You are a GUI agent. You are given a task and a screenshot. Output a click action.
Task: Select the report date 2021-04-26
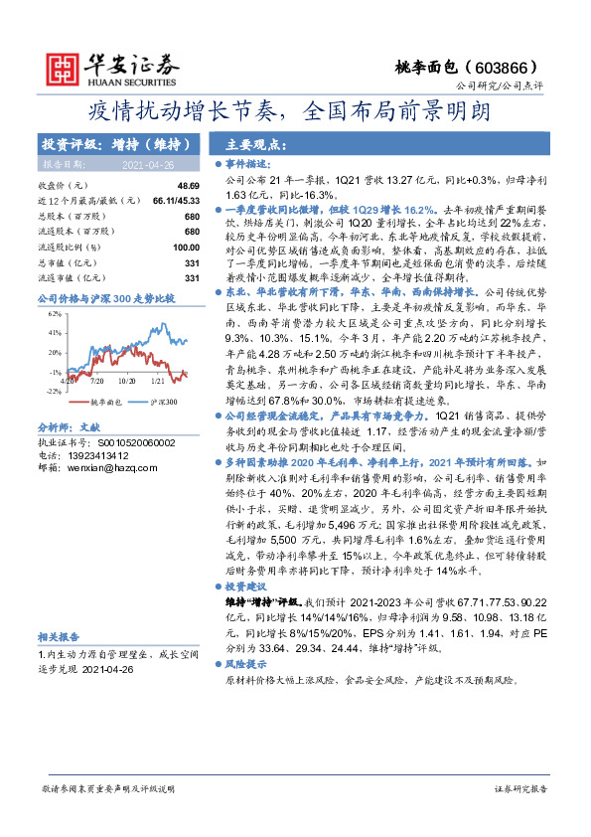point(147,164)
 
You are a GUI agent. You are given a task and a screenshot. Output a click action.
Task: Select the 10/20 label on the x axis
point(126,380)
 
